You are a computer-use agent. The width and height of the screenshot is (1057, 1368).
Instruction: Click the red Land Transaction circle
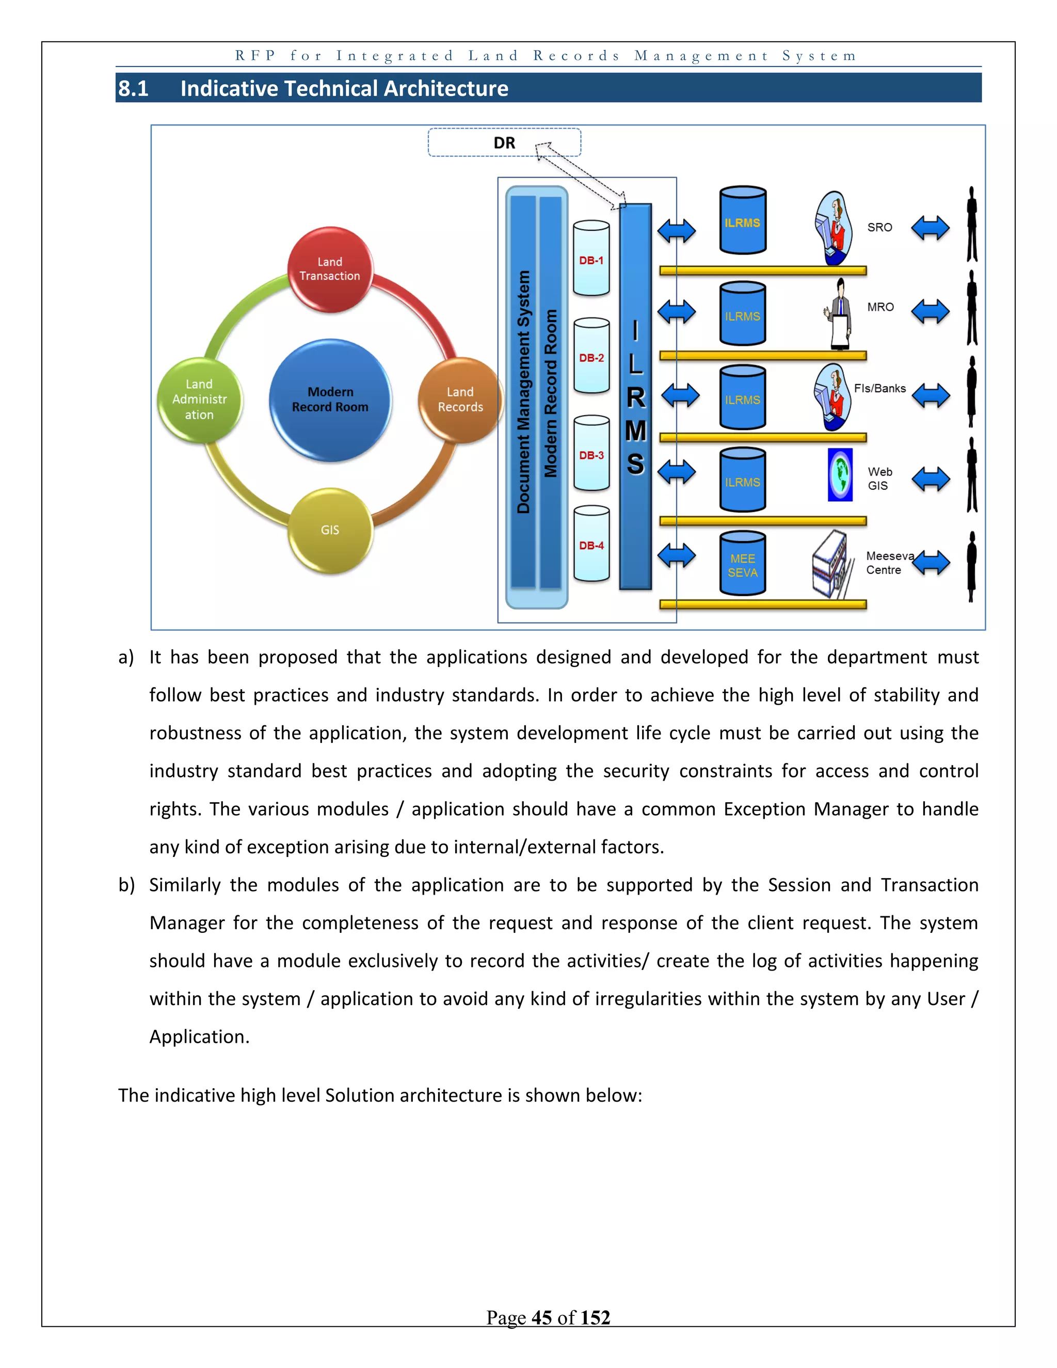tap(330, 269)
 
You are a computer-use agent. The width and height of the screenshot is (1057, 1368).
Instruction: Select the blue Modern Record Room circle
tap(330, 400)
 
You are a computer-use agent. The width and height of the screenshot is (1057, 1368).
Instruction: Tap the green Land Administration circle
tap(199, 400)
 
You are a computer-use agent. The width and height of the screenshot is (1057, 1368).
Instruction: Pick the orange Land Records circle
tap(460, 400)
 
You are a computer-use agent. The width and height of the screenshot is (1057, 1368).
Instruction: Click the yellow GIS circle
tap(330, 530)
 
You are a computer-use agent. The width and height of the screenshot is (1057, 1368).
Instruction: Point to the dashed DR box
tap(504, 143)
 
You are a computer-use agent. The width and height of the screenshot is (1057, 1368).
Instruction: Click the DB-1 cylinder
tap(591, 258)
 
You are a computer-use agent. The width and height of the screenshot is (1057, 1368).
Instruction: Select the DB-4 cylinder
tap(591, 544)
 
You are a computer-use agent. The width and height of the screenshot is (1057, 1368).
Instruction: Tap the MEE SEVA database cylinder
tap(743, 564)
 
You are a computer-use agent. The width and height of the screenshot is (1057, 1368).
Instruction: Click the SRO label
tap(879, 227)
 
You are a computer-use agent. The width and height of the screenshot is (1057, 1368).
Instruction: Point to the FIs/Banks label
tap(879, 388)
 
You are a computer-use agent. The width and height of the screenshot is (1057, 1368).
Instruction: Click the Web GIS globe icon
tap(840, 474)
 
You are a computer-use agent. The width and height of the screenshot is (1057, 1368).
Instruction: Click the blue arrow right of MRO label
tap(930, 311)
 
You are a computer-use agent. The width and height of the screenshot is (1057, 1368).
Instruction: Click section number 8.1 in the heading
tap(133, 88)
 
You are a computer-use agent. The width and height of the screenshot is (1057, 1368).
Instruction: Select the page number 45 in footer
tap(541, 1317)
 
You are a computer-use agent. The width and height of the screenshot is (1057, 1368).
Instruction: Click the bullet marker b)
tap(126, 885)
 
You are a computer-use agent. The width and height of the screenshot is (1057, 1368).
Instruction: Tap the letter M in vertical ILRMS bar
tap(635, 431)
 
